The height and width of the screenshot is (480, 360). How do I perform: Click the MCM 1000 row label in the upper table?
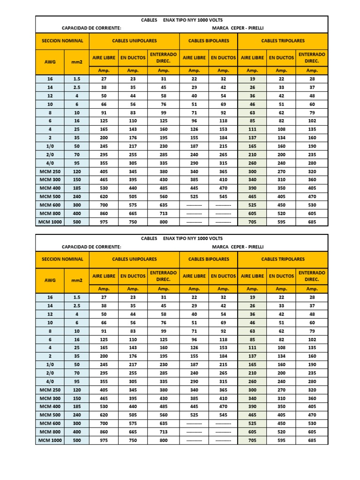pyautogui.click(x=50, y=222)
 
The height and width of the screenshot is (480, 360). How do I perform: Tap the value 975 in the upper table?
pyautogui.click(x=103, y=222)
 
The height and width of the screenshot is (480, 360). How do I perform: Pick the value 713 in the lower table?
pyautogui.click(x=163, y=432)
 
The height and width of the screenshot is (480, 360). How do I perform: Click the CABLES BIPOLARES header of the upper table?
pyautogui.click(x=209, y=41)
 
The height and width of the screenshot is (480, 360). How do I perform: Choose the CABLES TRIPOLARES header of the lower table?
pyautogui.click(x=283, y=259)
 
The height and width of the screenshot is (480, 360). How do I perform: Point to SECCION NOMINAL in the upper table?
pyautogui.click(x=62, y=41)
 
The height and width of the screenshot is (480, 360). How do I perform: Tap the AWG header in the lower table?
pyautogui.click(x=50, y=280)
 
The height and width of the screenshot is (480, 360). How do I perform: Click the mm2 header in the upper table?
pyautogui.click(x=76, y=62)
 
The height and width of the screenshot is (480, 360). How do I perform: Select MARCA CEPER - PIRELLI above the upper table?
pyautogui.click(x=238, y=28)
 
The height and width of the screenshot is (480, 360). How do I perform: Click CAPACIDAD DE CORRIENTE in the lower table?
pyautogui.click(x=91, y=247)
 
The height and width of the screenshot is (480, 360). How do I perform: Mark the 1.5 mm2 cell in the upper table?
pyautogui.click(x=76, y=79)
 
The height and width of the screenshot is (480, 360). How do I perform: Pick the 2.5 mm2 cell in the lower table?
pyautogui.click(x=76, y=305)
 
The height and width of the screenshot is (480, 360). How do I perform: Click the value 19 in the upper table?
pyautogui.click(x=252, y=79)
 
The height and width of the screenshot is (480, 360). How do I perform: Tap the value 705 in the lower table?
pyautogui.click(x=252, y=440)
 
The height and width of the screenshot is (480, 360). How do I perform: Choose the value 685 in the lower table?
pyautogui.click(x=312, y=440)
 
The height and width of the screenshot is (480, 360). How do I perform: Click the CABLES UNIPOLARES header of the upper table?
pyautogui.click(x=134, y=41)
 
